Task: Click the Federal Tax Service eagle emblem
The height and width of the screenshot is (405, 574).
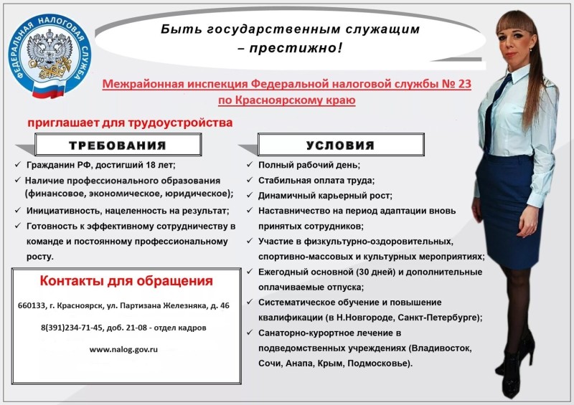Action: [49, 55]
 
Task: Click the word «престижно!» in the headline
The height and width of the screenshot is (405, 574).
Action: [296, 48]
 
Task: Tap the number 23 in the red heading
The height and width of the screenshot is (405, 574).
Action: [464, 84]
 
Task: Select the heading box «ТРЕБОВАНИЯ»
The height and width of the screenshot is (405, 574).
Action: [118, 145]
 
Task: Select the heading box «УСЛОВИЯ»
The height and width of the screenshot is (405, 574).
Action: [341, 145]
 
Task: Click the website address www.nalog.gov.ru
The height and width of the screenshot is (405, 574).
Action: [123, 349]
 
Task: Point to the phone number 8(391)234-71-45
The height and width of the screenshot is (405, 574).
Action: [72, 328]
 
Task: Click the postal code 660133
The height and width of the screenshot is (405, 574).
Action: [31, 305]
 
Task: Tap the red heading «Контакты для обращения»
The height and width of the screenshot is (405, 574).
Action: [126, 280]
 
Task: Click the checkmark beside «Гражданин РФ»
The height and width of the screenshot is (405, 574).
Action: [17, 165]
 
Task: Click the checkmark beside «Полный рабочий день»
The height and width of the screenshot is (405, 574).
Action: [250, 165]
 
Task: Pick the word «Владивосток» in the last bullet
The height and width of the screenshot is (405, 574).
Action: [441, 348]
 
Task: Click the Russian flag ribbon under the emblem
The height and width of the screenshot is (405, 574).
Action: [48, 89]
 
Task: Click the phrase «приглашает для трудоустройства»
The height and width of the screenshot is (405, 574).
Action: [130, 123]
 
